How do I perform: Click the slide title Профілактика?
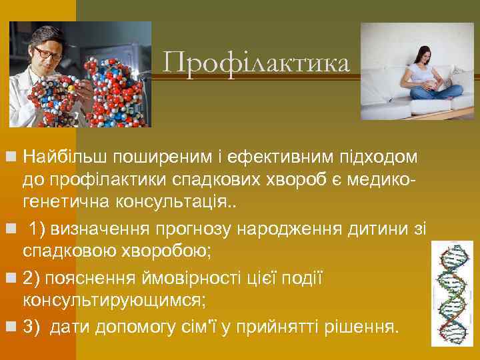click(256, 64)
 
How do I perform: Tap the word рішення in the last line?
click(364, 326)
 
